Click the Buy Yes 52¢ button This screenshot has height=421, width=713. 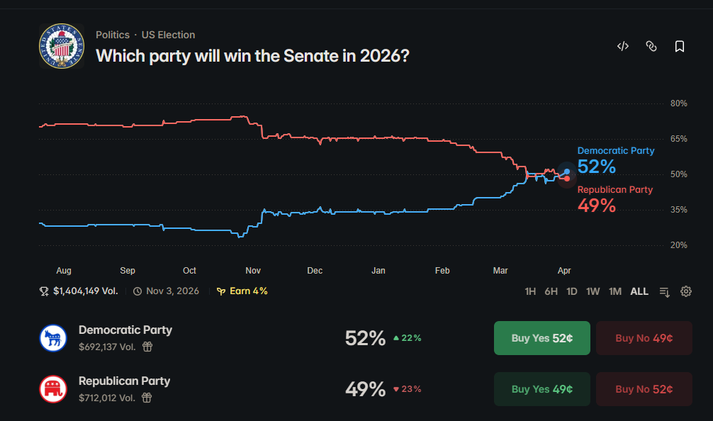[x=541, y=338]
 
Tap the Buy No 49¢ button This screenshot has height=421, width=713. [x=644, y=338]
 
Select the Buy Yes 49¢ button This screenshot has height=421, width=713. [x=541, y=389]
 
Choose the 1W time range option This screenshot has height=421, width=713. [x=593, y=291]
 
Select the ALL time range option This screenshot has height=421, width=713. [x=639, y=291]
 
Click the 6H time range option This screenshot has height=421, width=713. [x=551, y=291]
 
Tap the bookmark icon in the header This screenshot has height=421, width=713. [x=680, y=47]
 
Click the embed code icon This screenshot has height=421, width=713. [x=623, y=47]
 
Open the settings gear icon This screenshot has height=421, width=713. [x=686, y=291]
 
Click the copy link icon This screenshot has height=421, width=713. [x=651, y=47]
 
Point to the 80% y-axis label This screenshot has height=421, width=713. [x=678, y=103]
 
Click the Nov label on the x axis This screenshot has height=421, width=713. [x=253, y=271]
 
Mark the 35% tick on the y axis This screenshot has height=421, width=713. [x=678, y=210]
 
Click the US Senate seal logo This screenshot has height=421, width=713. [x=62, y=46]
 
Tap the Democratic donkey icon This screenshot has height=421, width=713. [x=52, y=338]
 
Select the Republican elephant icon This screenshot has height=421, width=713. [x=52, y=389]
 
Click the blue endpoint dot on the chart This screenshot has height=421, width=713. [x=567, y=172]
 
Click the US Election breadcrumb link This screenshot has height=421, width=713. [x=168, y=35]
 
